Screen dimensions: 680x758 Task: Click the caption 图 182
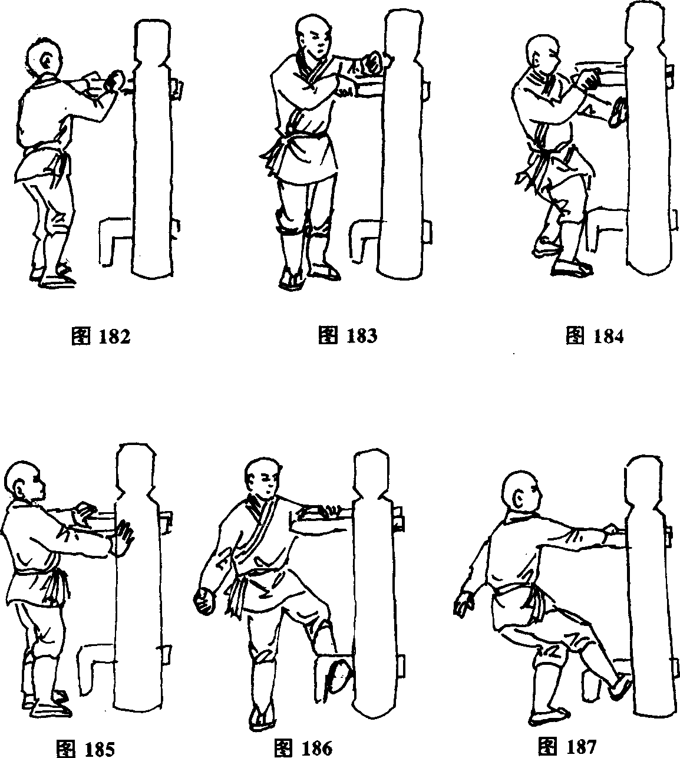(x=101, y=337)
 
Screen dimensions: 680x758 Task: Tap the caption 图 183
(x=348, y=335)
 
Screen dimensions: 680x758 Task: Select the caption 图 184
(x=595, y=335)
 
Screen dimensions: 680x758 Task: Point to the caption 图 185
(x=85, y=748)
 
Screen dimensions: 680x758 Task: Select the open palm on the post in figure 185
(x=123, y=537)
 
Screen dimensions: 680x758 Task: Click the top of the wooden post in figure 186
(x=372, y=453)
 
